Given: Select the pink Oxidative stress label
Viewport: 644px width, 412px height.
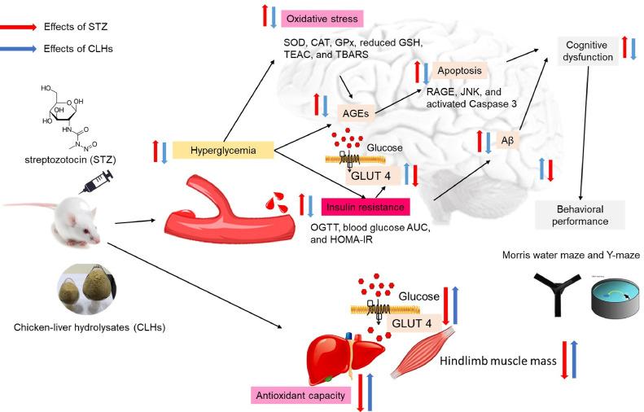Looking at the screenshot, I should [x=321, y=18].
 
